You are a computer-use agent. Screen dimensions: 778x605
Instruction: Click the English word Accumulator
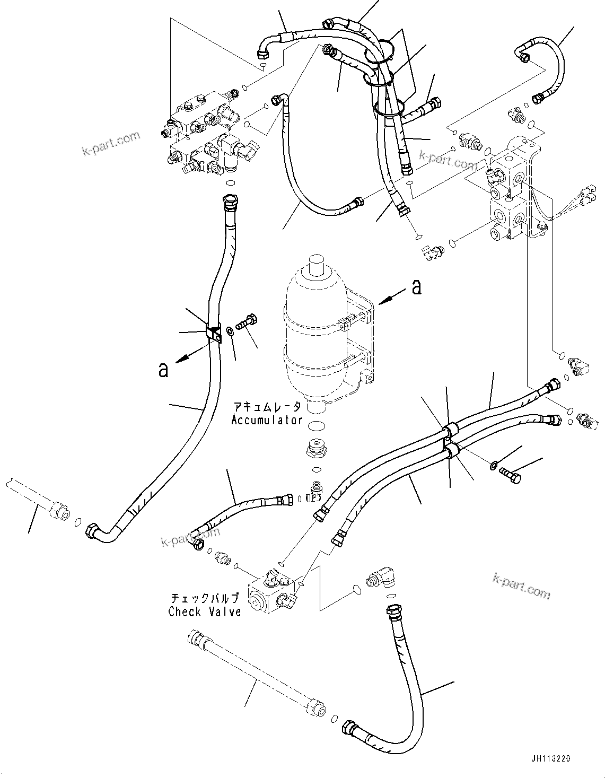tap(267, 420)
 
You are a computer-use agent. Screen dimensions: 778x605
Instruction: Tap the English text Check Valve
tap(205, 611)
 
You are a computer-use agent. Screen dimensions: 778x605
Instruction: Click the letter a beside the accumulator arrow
tap(417, 287)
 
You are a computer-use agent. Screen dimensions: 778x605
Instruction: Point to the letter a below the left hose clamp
tap(163, 370)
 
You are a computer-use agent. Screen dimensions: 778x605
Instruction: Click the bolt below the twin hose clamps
tap(510, 475)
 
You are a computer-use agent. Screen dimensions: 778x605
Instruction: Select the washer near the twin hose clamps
tap(494, 466)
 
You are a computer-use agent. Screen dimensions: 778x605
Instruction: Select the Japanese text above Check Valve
tap(205, 599)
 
